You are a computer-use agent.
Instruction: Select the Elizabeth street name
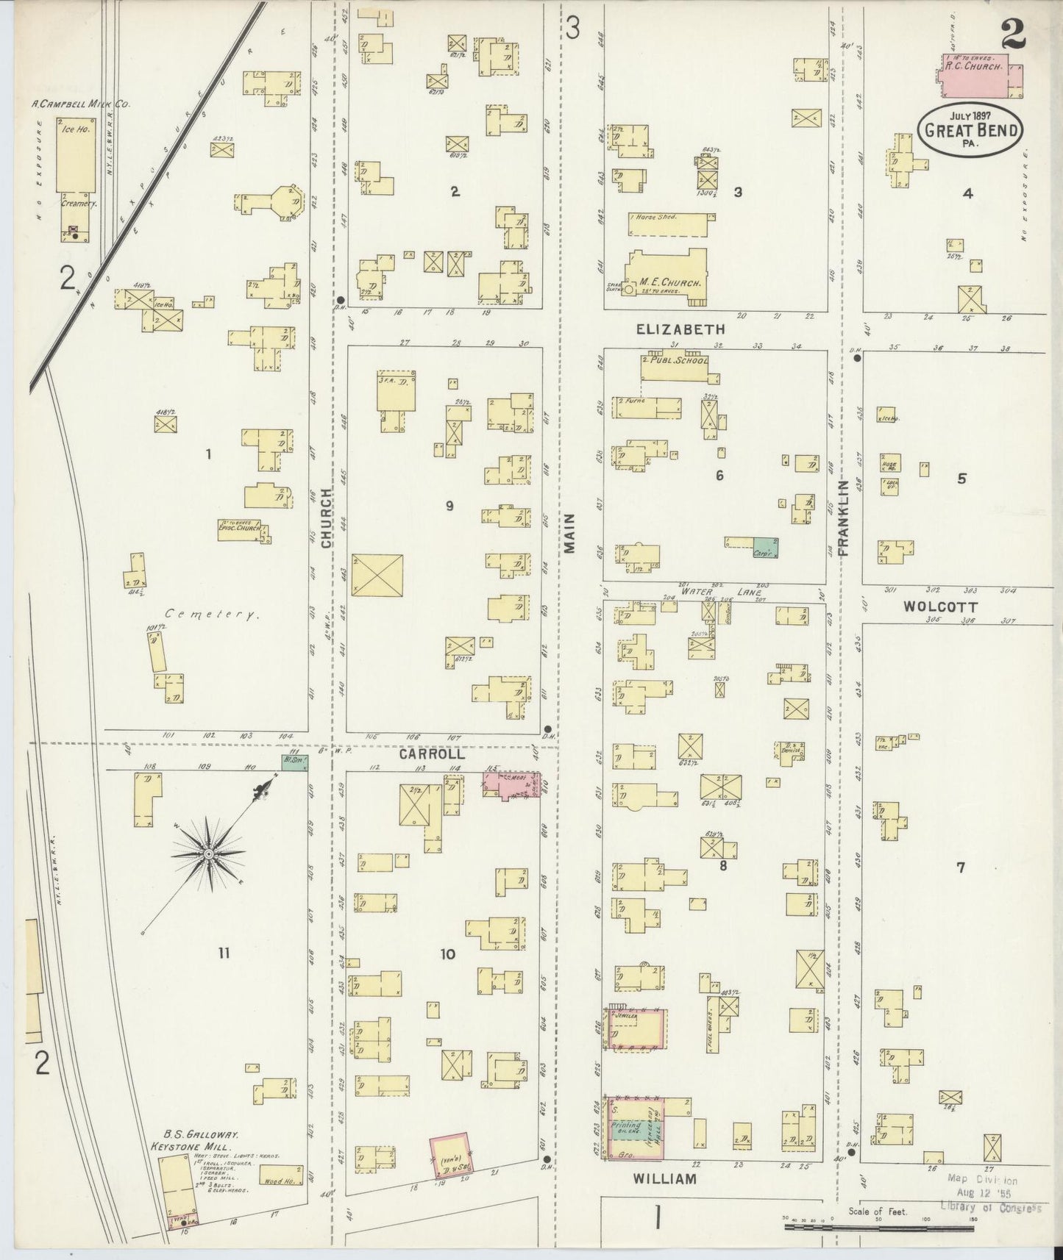pos(680,330)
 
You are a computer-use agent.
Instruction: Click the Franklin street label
pos(843,517)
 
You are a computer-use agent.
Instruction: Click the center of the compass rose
pos(208,853)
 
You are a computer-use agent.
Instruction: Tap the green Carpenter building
pos(765,547)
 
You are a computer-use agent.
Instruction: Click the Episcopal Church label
pos(238,527)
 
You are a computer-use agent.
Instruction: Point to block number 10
pos(447,954)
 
